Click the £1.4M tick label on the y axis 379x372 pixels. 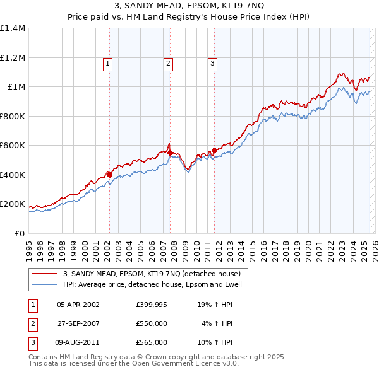pyautogui.click(x=13, y=28)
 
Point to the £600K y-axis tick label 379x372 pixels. pyautogui.click(x=13, y=146)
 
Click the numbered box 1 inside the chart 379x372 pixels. pyautogui.click(x=108, y=63)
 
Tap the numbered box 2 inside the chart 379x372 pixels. pyautogui.click(x=168, y=63)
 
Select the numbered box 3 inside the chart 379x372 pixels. pyautogui.click(x=212, y=63)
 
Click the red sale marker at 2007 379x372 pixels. pyautogui.click(x=170, y=153)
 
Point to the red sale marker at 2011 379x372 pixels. pyautogui.click(x=214, y=150)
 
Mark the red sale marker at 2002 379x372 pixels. pyautogui.click(x=109, y=175)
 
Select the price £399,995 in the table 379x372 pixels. pyautogui.click(x=152, y=305)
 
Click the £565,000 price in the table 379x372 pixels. pyautogui.click(x=152, y=342)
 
